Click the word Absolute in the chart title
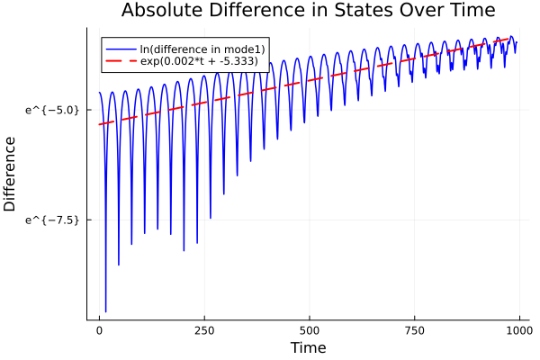[x=162, y=12]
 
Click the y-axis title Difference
[x=11, y=174]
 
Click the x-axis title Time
[x=309, y=347]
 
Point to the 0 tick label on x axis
[x=99, y=329]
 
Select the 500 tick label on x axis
[x=309, y=329]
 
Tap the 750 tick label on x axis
[x=413, y=329]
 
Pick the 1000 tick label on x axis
[x=517, y=329]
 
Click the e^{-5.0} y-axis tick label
[x=54, y=110]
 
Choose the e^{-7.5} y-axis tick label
[x=54, y=220]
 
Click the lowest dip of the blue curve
[x=105, y=311]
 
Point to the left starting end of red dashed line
[x=99, y=124]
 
